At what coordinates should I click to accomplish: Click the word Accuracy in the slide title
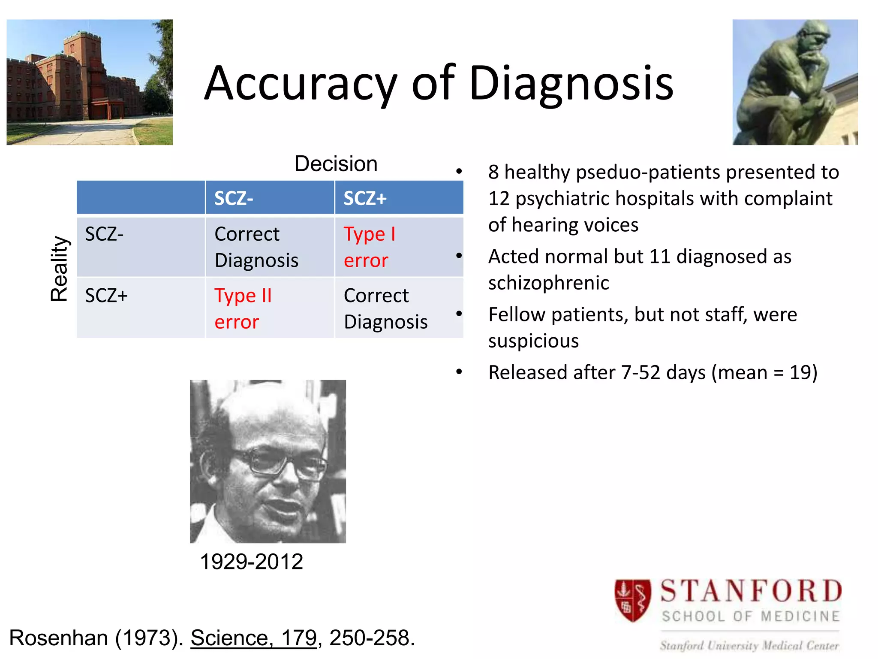tap(300, 84)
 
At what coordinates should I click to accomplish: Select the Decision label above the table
tap(336, 164)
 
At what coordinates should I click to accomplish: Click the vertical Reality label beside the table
tap(59, 269)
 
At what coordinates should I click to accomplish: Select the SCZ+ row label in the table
tap(106, 296)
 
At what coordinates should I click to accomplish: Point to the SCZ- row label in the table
tap(104, 234)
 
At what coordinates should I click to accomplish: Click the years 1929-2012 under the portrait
tap(252, 562)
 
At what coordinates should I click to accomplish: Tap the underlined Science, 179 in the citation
tap(253, 638)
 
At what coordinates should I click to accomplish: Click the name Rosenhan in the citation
tap(58, 638)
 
